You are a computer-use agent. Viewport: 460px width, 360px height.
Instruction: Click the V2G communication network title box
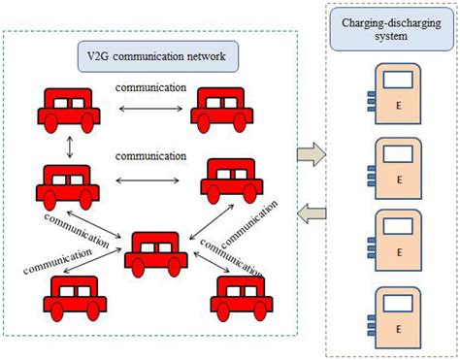point(156,57)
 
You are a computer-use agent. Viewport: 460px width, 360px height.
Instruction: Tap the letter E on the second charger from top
point(398,180)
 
